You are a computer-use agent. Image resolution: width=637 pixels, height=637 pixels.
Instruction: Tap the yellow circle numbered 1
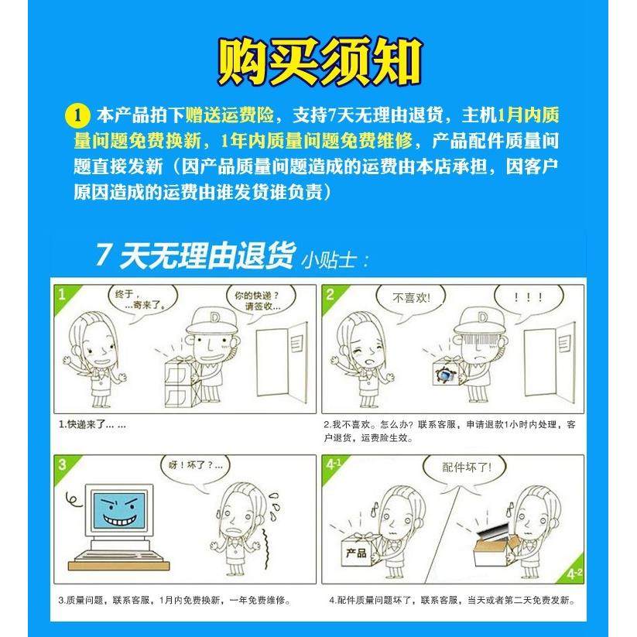pos(76,116)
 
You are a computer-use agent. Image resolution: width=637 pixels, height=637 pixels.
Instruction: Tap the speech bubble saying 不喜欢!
pos(409,297)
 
